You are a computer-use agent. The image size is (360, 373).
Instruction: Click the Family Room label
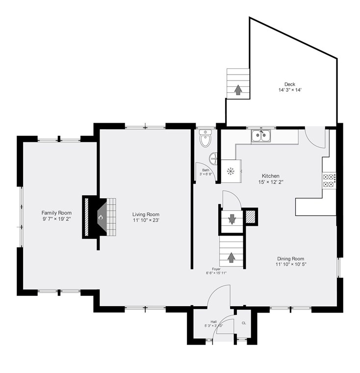tap(56, 213)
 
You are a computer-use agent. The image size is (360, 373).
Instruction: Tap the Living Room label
tap(146, 214)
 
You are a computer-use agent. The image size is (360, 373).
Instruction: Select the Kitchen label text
tap(271, 176)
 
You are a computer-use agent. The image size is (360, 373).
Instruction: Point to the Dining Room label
tap(290, 259)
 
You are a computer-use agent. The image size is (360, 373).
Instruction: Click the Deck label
tap(290, 84)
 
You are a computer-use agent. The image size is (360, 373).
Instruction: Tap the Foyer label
tap(216, 269)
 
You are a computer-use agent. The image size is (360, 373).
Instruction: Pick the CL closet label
tap(244, 323)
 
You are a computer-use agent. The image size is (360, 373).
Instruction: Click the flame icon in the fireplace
tap(101, 217)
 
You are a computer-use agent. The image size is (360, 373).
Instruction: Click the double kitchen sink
tap(261, 136)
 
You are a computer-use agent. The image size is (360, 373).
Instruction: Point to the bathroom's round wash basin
tap(213, 158)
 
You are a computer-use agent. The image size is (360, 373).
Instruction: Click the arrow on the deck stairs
tap(238, 90)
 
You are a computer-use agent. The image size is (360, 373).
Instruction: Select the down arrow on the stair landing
tap(232, 218)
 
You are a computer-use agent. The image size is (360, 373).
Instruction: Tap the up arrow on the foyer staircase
tap(231, 258)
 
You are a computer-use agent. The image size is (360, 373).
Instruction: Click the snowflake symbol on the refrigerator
tap(231, 171)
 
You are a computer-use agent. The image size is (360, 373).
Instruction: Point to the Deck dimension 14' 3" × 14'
tap(290, 90)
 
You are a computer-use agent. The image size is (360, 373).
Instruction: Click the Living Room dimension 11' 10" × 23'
tap(146, 220)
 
